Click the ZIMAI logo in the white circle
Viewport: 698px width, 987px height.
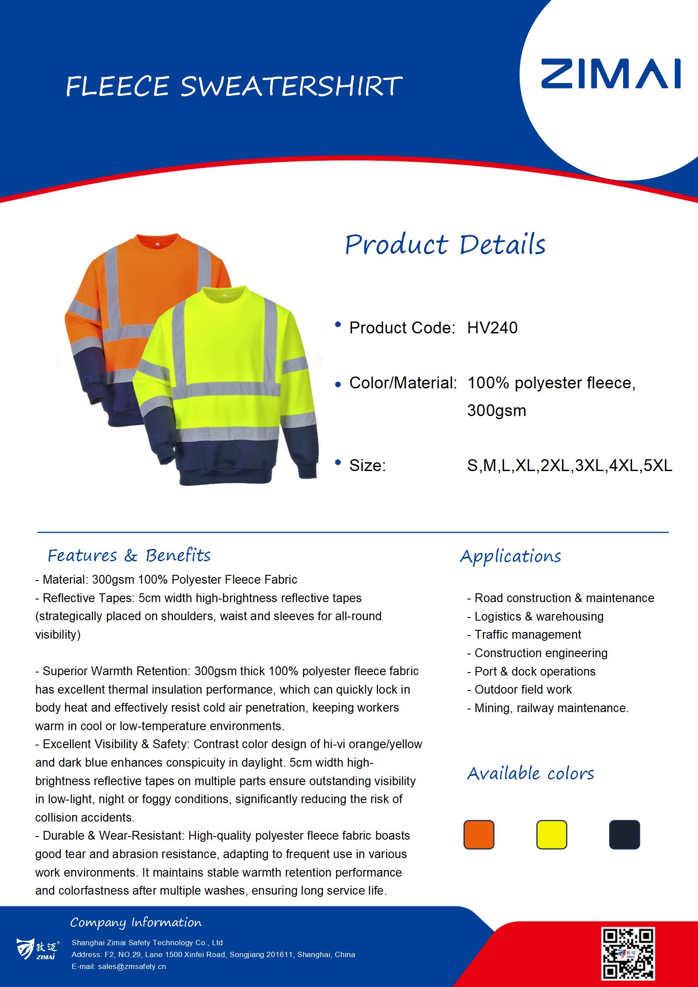point(610,74)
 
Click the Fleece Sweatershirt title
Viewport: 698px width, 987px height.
point(234,86)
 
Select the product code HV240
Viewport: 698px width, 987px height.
point(492,328)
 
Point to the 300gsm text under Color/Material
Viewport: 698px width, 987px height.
point(497,410)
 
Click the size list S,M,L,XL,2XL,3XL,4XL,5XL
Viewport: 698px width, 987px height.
point(570,465)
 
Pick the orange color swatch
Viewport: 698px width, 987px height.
point(479,834)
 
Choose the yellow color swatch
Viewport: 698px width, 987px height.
point(552,834)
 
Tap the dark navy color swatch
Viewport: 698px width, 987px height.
point(624,834)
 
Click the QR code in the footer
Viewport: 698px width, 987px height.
point(628,954)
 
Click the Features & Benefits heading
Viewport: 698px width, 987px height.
point(129,556)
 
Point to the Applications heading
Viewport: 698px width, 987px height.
point(511,556)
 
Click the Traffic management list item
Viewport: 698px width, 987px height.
point(528,635)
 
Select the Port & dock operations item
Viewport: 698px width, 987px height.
point(535,671)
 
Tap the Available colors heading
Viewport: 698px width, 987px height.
point(530,773)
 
